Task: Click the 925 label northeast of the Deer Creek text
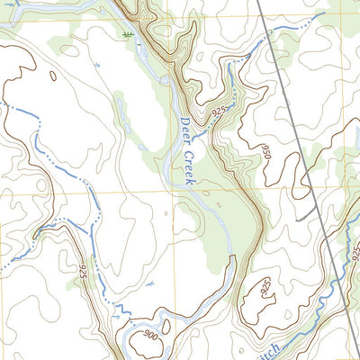click(219, 110)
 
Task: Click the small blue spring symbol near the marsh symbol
click(95, 65)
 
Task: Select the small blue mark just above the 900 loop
click(150, 284)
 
